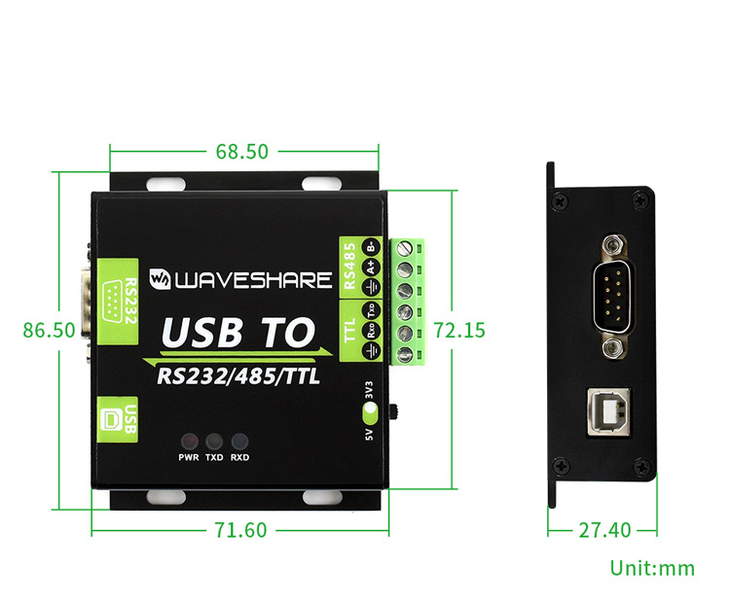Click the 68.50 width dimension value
[241, 152]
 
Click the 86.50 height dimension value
[50, 330]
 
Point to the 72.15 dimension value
[458, 330]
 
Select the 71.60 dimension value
[239, 530]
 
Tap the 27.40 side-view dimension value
[604, 530]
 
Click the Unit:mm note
[652, 568]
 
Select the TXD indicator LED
[214, 440]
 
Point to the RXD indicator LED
[239, 440]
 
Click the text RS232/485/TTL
[237, 376]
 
